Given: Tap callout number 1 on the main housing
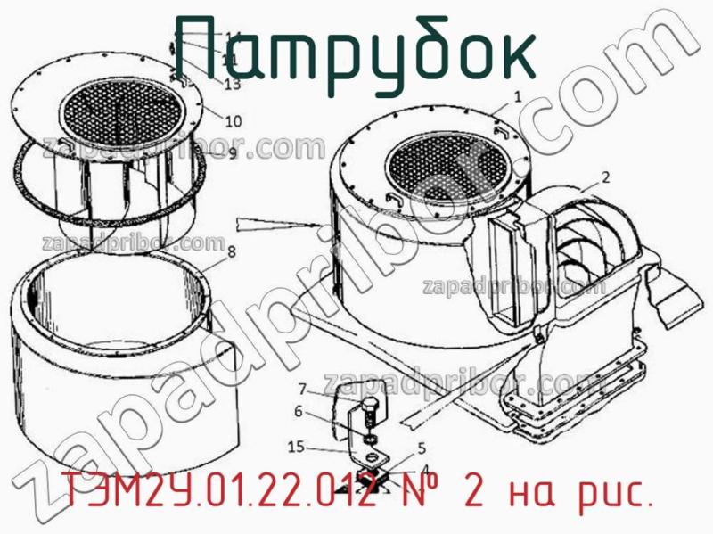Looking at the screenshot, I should tap(517, 95).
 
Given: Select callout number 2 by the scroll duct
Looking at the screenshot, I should tap(605, 177).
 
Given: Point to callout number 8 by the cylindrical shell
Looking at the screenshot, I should tap(231, 252).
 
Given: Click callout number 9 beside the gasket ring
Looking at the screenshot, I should tap(232, 153).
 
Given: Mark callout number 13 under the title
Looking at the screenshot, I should tap(233, 86).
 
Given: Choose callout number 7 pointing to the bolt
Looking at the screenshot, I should tap(303, 389).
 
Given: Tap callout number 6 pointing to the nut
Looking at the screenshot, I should tap(299, 411).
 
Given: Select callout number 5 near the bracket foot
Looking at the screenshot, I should tap(422, 448).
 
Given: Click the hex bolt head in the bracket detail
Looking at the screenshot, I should tap(367, 412).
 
